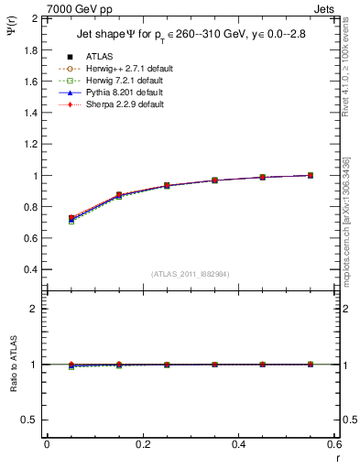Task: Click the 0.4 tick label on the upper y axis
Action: pyautogui.click(x=31, y=270)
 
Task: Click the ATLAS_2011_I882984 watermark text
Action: pyautogui.click(x=190, y=274)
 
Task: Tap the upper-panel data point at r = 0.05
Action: pyautogui.click(x=71, y=218)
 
